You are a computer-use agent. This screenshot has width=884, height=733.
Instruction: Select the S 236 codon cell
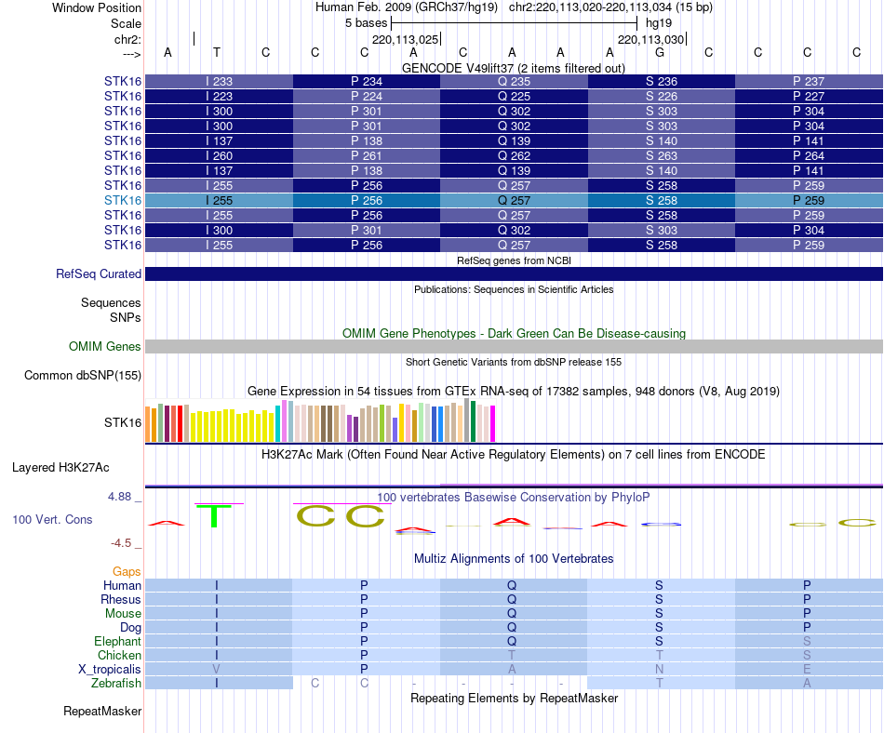(662, 81)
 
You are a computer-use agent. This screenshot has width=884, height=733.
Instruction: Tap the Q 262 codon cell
(514, 155)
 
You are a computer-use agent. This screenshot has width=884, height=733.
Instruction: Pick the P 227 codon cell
(809, 96)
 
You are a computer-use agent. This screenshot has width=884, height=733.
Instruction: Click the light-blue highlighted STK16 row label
(123, 200)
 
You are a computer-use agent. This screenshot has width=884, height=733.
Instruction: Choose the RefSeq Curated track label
(99, 274)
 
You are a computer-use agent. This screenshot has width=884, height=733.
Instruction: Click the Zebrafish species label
(117, 684)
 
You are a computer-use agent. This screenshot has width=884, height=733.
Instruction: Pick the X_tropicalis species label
(110, 670)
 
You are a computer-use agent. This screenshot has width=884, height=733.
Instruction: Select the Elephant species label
(117, 642)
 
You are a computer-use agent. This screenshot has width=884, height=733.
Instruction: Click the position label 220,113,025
(404, 40)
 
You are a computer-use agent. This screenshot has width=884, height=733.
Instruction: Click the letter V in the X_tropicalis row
(217, 670)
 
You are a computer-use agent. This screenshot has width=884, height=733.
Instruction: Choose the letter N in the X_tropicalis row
(659, 670)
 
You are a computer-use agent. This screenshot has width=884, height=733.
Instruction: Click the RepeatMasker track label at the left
(102, 712)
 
